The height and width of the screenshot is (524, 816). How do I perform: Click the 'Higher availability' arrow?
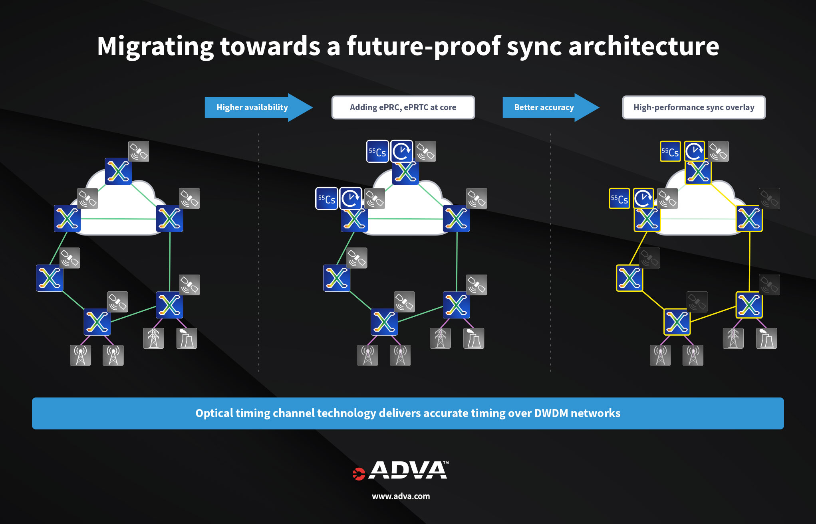pyautogui.click(x=252, y=107)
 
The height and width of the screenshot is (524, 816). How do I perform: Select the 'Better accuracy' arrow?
pyautogui.click(x=544, y=107)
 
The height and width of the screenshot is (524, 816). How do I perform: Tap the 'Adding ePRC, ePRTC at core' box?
pyautogui.click(x=403, y=107)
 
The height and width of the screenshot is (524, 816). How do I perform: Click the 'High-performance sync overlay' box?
pyautogui.click(x=694, y=107)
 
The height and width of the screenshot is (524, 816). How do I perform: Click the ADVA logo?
pyautogui.click(x=401, y=471)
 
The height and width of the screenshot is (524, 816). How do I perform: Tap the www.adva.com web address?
pyautogui.click(x=401, y=496)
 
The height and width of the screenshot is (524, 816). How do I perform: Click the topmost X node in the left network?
pyautogui.click(x=118, y=172)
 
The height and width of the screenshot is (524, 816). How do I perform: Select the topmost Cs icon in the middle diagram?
pyautogui.click(x=377, y=152)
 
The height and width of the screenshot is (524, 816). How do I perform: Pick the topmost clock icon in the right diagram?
pyautogui.click(x=695, y=151)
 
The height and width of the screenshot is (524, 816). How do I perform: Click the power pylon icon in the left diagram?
pyautogui.click(x=153, y=338)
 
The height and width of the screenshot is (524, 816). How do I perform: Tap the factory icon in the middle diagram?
pyautogui.click(x=474, y=338)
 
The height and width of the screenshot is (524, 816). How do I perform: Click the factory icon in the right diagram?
pyautogui.click(x=766, y=338)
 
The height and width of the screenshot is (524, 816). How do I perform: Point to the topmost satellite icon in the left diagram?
pyautogui.click(x=139, y=151)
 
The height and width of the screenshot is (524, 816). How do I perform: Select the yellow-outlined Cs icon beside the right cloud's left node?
pyautogui.click(x=619, y=199)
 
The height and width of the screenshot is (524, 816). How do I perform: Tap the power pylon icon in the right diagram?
pyautogui.click(x=733, y=338)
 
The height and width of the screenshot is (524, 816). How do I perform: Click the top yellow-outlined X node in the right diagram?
pyautogui.click(x=698, y=172)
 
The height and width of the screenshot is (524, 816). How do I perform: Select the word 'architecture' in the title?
pyautogui.click(x=643, y=46)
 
